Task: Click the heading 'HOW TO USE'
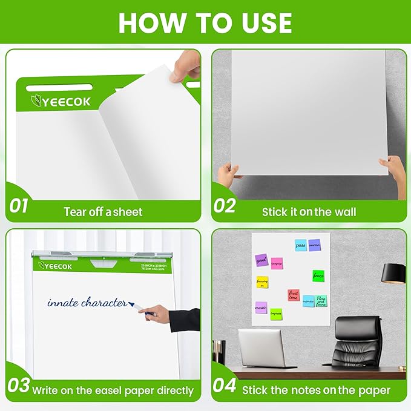pyautogui.click(x=205, y=23)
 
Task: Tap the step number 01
pyautogui.click(x=19, y=206)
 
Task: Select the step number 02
pyautogui.click(x=225, y=206)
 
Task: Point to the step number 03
pyautogui.click(x=19, y=385)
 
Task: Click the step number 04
pyautogui.click(x=225, y=385)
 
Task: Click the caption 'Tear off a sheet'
pyautogui.click(x=103, y=211)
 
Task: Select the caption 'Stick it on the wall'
pyautogui.click(x=309, y=211)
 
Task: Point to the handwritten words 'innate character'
pyautogui.click(x=87, y=302)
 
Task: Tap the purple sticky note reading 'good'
pyautogui.click(x=261, y=259)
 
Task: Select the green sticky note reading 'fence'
pyautogui.click(x=318, y=275)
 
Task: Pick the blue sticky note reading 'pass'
pyautogui.click(x=300, y=245)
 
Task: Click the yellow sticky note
pyautogui.click(x=262, y=283)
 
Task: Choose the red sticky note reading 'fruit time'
pyautogui.click(x=294, y=295)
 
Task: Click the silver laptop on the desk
pyautogui.click(x=261, y=348)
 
